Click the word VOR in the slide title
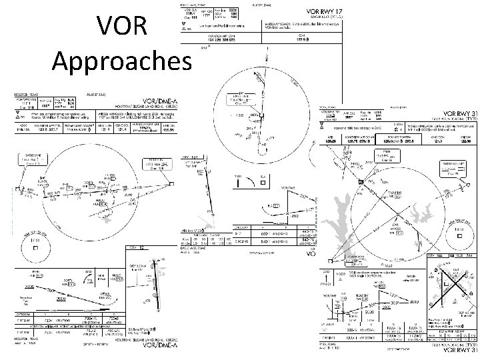point(120,27)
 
